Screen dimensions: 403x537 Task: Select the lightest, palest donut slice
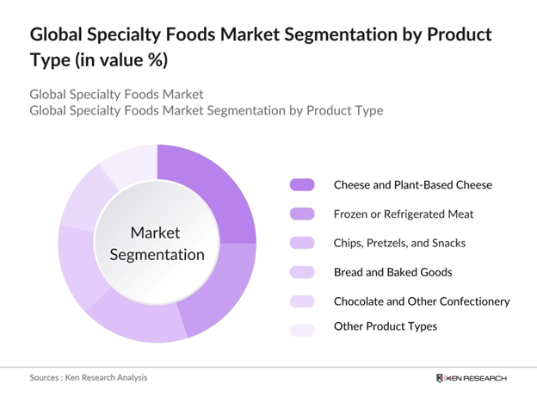[129, 164]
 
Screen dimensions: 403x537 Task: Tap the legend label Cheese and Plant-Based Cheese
[400, 185]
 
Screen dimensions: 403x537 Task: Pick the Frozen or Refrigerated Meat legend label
[392, 214]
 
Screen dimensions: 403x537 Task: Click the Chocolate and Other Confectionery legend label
[422, 302]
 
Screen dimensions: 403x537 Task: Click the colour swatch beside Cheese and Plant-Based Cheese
[303, 185]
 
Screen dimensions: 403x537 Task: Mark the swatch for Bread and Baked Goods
[303, 273]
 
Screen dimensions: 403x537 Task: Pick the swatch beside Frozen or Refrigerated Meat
[303, 214]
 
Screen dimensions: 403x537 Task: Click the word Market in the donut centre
[156, 233]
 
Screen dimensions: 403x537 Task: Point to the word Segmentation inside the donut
[156, 255]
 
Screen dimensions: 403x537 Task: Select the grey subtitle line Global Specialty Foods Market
[116, 94]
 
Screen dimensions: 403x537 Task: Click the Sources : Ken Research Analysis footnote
[86, 378]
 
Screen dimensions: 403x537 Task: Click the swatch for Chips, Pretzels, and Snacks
[303, 244]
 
